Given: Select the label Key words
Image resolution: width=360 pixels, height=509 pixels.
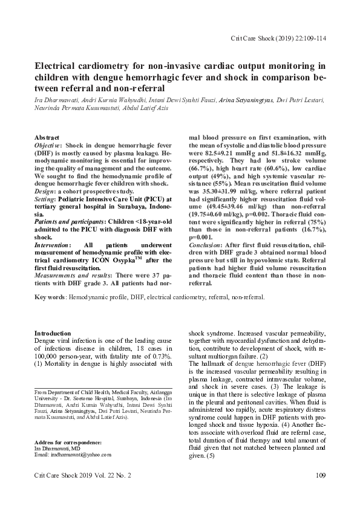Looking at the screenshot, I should pyautogui.click(x=50, y=297).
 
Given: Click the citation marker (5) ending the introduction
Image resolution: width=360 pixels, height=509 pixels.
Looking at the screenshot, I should pyautogui.click(x=211, y=455).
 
